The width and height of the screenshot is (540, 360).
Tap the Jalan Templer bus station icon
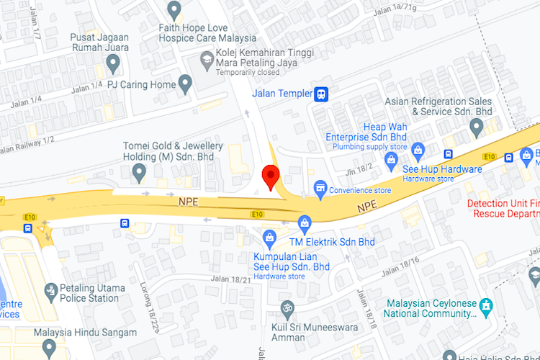coord(321,94)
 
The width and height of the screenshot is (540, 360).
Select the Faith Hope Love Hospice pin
coord(174,10)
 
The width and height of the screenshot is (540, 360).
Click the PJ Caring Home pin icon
coord(186,85)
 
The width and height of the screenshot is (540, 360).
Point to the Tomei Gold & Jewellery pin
coord(139,172)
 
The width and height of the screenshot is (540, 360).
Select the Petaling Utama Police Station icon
coord(50,292)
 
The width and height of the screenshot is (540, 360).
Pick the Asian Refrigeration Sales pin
coord(476,127)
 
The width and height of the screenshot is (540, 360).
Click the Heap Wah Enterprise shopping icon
coord(391,160)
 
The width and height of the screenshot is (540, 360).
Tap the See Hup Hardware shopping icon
coord(418,150)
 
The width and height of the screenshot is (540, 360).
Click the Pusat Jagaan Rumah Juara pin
coord(112,65)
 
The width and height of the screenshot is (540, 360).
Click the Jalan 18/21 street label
coord(230,279)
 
